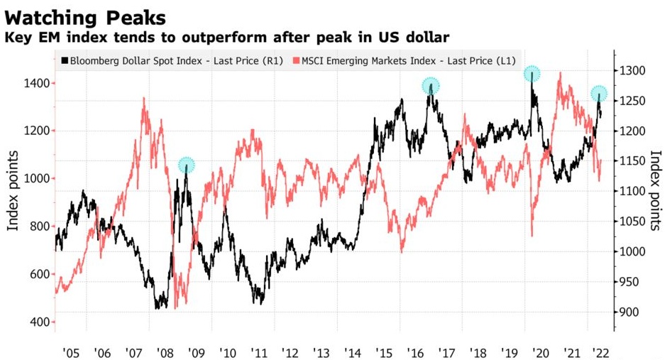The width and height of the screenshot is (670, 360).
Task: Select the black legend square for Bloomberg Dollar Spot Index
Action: point(65,61)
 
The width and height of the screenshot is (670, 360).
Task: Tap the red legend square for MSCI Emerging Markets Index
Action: point(297,61)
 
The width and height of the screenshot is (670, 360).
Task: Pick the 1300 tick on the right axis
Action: point(630,71)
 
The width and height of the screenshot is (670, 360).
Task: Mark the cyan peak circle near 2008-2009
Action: point(187,165)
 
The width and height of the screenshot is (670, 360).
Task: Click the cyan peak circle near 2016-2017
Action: point(431,86)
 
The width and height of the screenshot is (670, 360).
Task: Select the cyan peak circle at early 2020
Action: point(532,74)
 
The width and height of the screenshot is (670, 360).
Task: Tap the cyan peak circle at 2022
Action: point(600,94)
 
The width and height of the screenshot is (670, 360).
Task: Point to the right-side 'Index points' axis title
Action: point(655,189)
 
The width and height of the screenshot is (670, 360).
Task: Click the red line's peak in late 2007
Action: point(145,99)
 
